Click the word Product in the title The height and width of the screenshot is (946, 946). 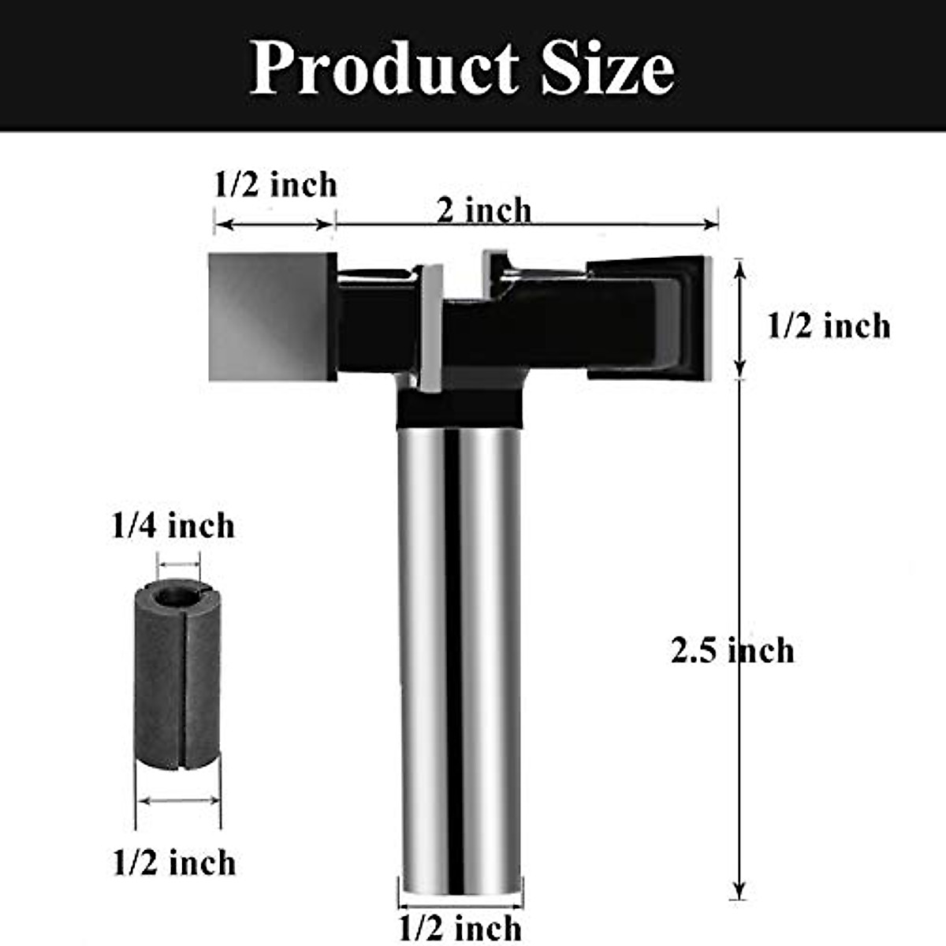tap(385, 69)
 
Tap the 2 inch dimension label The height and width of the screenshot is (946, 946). tap(484, 210)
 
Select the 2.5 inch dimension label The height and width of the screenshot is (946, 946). tap(732, 651)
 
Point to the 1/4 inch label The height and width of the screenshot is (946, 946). tap(173, 526)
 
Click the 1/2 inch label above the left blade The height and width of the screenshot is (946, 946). tap(275, 185)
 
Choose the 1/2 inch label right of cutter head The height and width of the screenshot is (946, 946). tap(829, 326)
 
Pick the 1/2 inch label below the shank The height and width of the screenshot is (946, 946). tap(460, 927)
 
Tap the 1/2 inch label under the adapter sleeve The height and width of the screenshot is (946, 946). tap(174, 862)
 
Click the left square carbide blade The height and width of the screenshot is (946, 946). tap(272, 317)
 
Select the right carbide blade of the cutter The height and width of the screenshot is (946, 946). tap(650, 315)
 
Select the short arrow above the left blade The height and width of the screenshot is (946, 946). tap(274, 224)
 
